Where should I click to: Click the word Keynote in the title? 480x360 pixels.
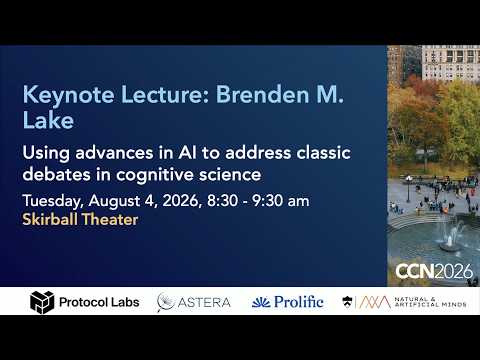pyautogui.click(x=68, y=95)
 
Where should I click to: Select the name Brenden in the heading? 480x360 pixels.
pyautogui.click(x=263, y=94)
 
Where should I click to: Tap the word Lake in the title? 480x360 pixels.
pyautogui.click(x=48, y=120)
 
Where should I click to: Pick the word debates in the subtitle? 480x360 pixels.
pyautogui.click(x=57, y=174)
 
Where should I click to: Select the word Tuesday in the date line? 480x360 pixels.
pyautogui.click(x=52, y=201)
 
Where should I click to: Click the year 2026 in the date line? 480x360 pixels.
pyautogui.click(x=182, y=201)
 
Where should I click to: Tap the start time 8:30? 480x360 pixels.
pyautogui.click(x=222, y=201)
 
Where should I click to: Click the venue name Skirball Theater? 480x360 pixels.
pyautogui.click(x=80, y=219)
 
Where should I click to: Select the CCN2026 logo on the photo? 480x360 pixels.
pyautogui.click(x=434, y=271)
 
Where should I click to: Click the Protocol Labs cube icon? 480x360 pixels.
pyautogui.click(x=42, y=302)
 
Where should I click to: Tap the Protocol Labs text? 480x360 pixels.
pyautogui.click(x=99, y=302)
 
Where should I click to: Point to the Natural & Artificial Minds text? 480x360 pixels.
pyautogui.click(x=430, y=302)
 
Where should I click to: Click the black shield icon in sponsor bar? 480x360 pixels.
pyautogui.click(x=347, y=302)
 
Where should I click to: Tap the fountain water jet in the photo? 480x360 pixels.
pyautogui.click(x=450, y=235)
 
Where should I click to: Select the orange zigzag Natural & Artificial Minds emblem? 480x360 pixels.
pyautogui.click(x=375, y=302)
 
